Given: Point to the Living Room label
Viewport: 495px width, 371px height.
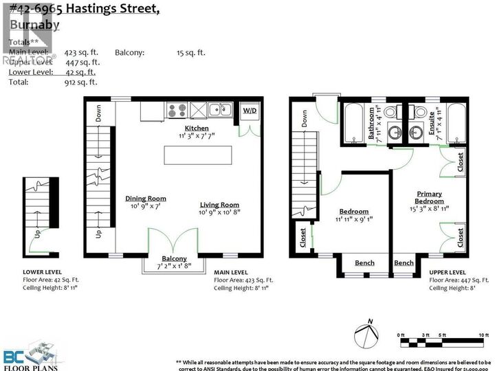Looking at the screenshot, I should point(219,205).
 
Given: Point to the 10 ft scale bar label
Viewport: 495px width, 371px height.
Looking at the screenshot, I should point(483,335).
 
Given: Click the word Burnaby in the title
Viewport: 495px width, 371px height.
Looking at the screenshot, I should point(33,25).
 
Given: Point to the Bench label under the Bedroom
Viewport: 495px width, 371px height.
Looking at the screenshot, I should point(364,263).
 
